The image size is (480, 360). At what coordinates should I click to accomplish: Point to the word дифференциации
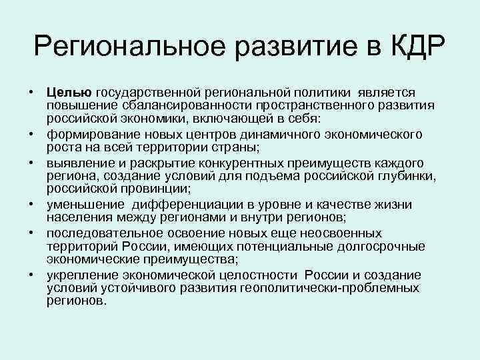click(179, 205)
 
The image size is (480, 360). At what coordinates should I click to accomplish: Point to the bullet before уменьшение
click(31, 205)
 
